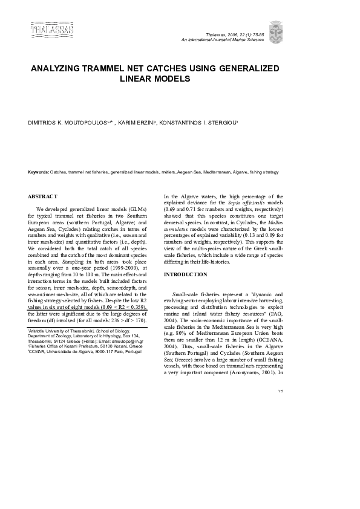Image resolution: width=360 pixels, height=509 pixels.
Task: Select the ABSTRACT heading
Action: (x=43, y=196)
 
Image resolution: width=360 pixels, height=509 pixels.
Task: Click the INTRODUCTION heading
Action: (x=186, y=275)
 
